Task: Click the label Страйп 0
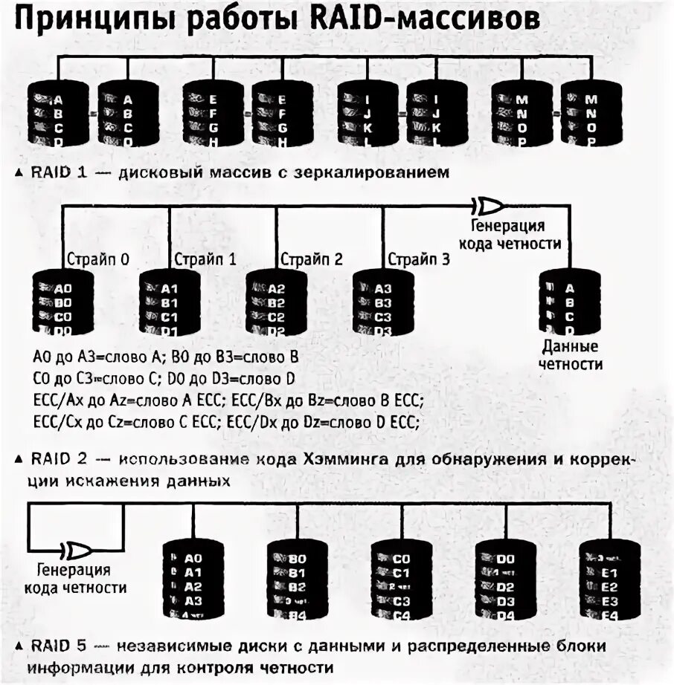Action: (98, 259)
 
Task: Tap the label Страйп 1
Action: (205, 259)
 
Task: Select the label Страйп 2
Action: (312, 259)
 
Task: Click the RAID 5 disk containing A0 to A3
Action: (192, 580)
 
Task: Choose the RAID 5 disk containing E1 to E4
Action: (609, 580)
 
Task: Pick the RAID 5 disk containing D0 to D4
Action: (505, 580)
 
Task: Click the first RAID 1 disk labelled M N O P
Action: (521, 113)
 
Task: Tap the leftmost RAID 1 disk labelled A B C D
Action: (57, 113)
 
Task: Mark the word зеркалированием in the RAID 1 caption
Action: (388, 173)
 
